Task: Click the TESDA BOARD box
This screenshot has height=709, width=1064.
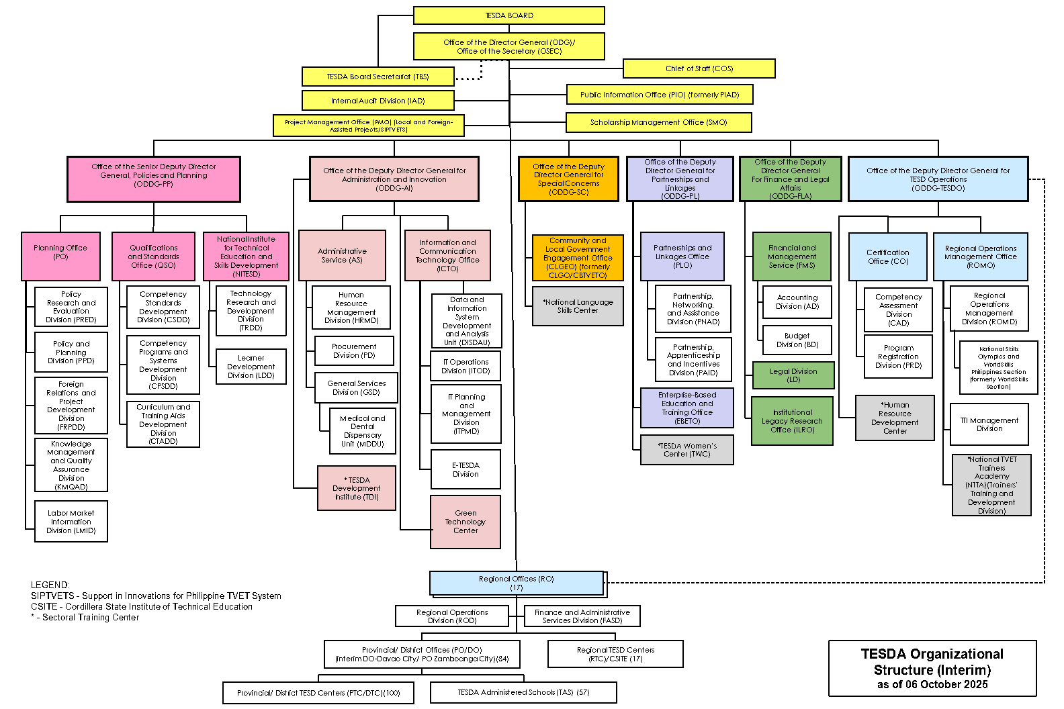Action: click(x=508, y=15)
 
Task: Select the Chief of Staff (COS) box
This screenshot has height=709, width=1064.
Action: click(x=699, y=68)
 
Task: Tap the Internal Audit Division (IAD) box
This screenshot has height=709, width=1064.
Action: click(x=378, y=101)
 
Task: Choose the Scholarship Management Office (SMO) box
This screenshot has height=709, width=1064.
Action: click(x=658, y=122)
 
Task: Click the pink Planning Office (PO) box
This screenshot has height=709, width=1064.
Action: click(x=60, y=256)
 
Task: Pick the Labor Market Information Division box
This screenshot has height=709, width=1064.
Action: click(x=71, y=522)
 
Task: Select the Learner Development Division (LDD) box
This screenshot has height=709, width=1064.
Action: click(x=251, y=367)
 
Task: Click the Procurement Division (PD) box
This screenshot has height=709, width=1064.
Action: click(x=354, y=351)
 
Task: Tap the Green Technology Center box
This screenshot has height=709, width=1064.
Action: click(x=465, y=522)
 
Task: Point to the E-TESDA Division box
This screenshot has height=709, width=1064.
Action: click(x=465, y=469)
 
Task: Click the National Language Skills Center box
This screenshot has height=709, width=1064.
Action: click(x=578, y=306)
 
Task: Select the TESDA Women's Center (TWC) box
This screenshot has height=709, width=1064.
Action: click(x=686, y=450)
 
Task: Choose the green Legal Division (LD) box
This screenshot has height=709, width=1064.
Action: click(x=793, y=375)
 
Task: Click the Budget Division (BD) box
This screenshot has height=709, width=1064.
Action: click(x=797, y=340)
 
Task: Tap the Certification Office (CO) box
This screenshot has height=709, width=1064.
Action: click(x=887, y=256)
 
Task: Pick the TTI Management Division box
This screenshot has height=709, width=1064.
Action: click(x=989, y=424)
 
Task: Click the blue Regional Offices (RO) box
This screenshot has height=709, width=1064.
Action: click(x=516, y=583)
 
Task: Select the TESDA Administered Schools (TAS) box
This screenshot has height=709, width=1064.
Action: click(x=523, y=692)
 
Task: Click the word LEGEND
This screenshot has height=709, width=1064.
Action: click(x=50, y=585)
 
